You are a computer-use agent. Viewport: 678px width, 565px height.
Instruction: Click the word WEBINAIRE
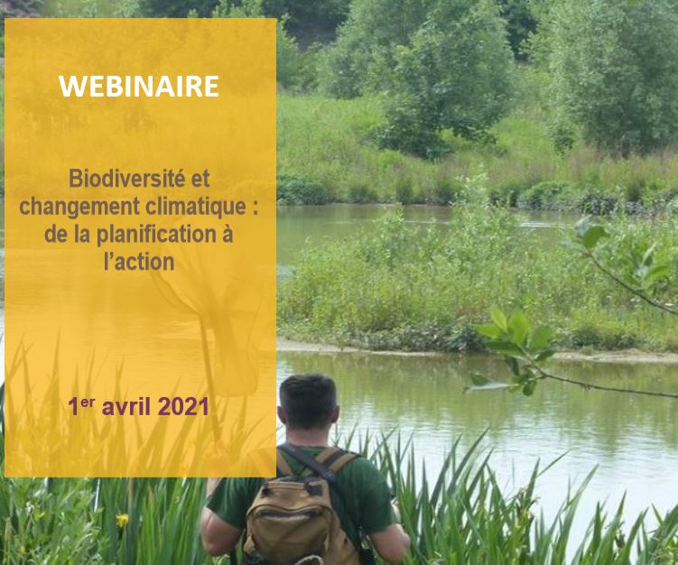point(139,86)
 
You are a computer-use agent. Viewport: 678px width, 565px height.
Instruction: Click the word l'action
point(139,262)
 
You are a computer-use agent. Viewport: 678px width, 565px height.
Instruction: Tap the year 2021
point(183,407)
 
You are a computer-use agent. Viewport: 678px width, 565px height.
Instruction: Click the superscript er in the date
point(88,402)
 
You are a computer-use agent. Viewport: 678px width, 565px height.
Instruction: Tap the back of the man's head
point(308,402)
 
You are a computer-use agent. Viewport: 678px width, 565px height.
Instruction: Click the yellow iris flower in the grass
point(123,519)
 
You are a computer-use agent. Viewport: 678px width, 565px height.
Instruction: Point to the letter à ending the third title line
point(227,234)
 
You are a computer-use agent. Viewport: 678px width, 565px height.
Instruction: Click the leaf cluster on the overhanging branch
point(515,346)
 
